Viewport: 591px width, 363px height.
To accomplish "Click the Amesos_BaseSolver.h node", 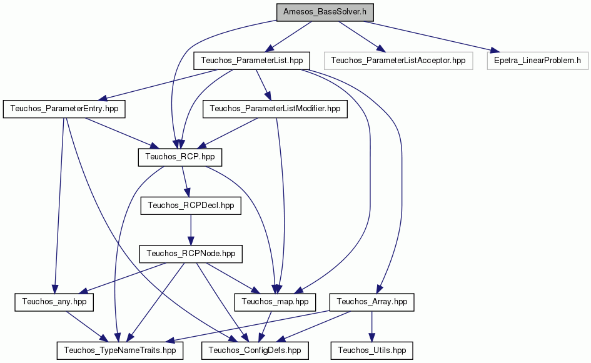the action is [325, 12].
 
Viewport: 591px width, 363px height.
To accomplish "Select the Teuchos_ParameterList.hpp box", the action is [252, 61].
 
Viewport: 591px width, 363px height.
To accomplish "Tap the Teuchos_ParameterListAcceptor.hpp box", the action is [398, 61].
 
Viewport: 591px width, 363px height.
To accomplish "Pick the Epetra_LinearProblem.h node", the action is [537, 61].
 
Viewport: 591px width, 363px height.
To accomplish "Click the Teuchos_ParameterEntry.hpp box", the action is [64, 109].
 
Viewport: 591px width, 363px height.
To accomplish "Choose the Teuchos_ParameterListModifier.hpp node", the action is [275, 109].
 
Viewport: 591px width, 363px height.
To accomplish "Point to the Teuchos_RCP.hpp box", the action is [179, 157].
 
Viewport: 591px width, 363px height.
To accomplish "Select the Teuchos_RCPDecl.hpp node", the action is [191, 206].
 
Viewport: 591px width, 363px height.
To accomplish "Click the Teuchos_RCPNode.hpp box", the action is [191, 254].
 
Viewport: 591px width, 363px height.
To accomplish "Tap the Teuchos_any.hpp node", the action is [54, 302].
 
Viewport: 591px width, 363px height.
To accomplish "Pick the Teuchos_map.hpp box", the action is [275, 302].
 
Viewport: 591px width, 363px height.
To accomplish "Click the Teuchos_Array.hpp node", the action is [371, 302].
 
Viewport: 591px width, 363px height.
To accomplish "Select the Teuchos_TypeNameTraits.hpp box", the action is [120, 351].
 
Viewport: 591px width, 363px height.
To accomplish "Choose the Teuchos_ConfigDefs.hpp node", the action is [255, 351].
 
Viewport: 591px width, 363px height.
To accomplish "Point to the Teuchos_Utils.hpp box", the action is [371, 351].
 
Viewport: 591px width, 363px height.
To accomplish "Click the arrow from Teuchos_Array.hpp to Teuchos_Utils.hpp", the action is [371, 326].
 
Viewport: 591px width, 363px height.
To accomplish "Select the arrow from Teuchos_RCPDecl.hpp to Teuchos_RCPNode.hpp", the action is [191, 230].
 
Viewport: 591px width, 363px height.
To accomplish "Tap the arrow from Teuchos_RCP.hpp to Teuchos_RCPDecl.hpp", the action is [185, 181].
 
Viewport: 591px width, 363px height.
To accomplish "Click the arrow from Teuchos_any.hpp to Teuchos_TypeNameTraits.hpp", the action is [85, 326].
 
